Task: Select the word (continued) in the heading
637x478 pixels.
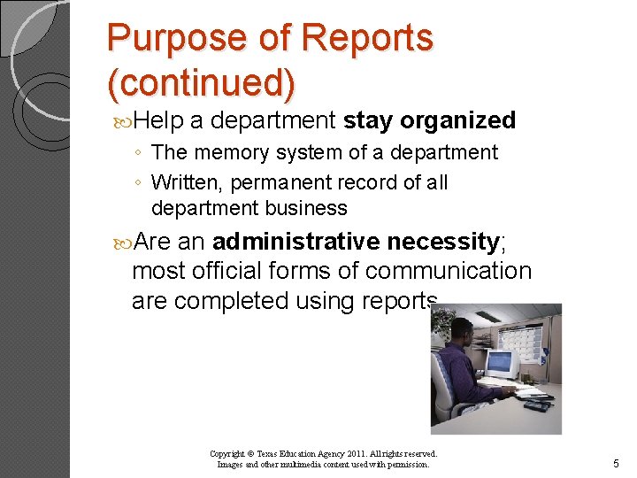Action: coord(201,82)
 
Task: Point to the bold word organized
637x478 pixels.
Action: coord(457,120)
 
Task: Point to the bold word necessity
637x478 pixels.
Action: coord(442,241)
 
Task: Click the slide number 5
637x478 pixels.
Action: coord(616,463)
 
